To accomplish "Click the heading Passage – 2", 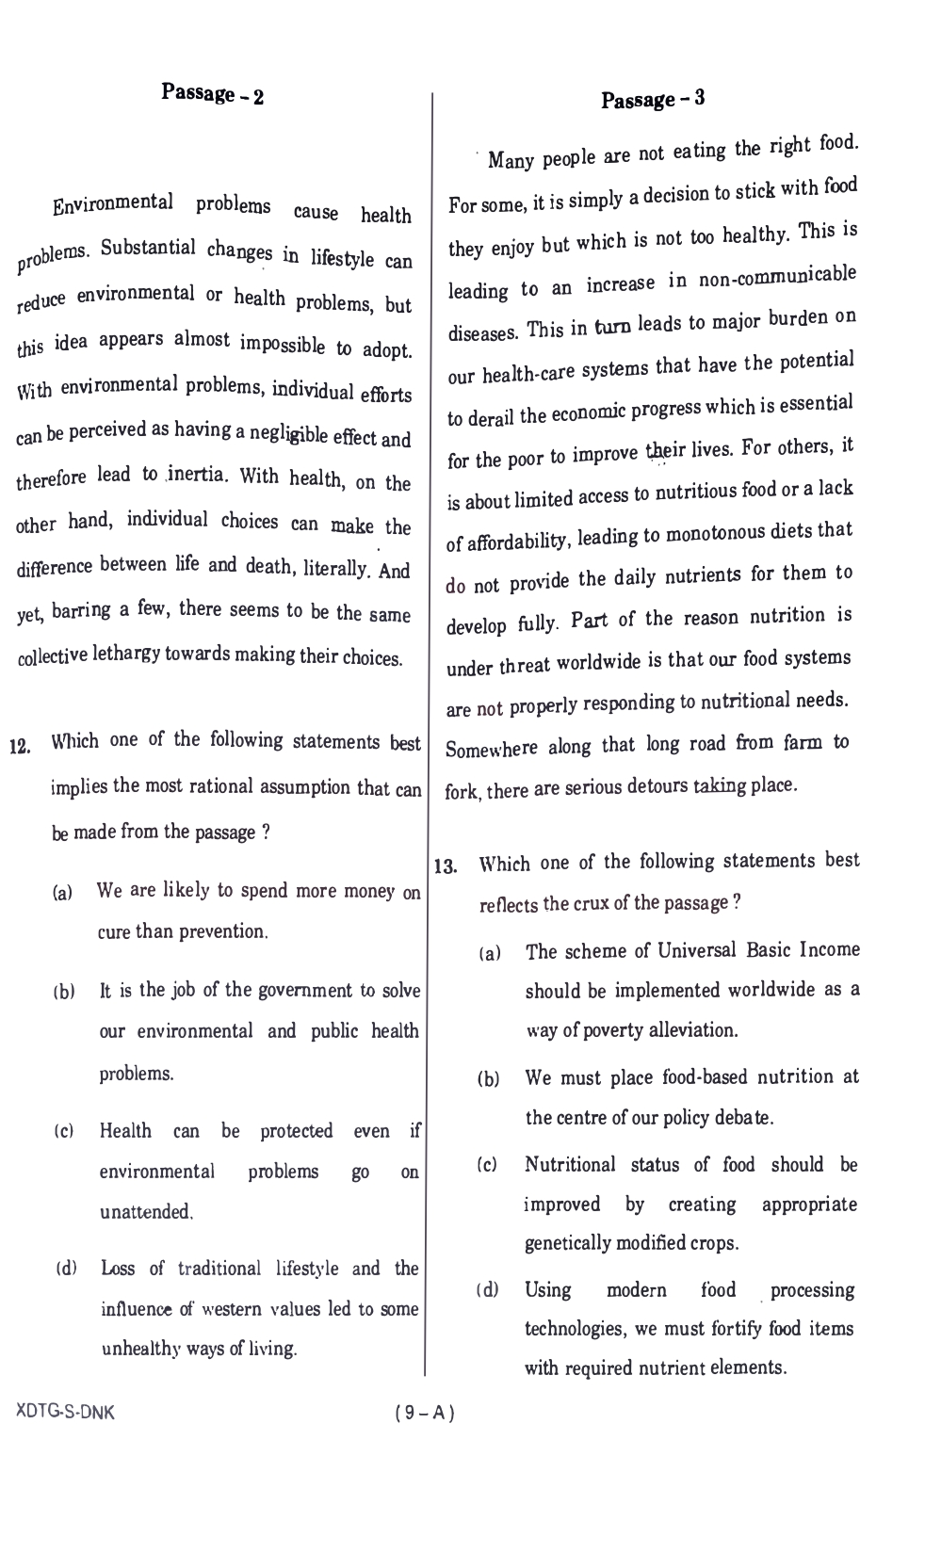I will coord(213,94).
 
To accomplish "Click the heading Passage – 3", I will coord(653,99).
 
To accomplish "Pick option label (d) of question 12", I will coord(66,1270).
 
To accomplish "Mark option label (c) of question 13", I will coord(488,1166).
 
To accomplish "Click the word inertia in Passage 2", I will coord(197,474).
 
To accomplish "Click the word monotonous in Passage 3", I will coord(717,534).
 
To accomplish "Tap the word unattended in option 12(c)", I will coord(145,1212).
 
